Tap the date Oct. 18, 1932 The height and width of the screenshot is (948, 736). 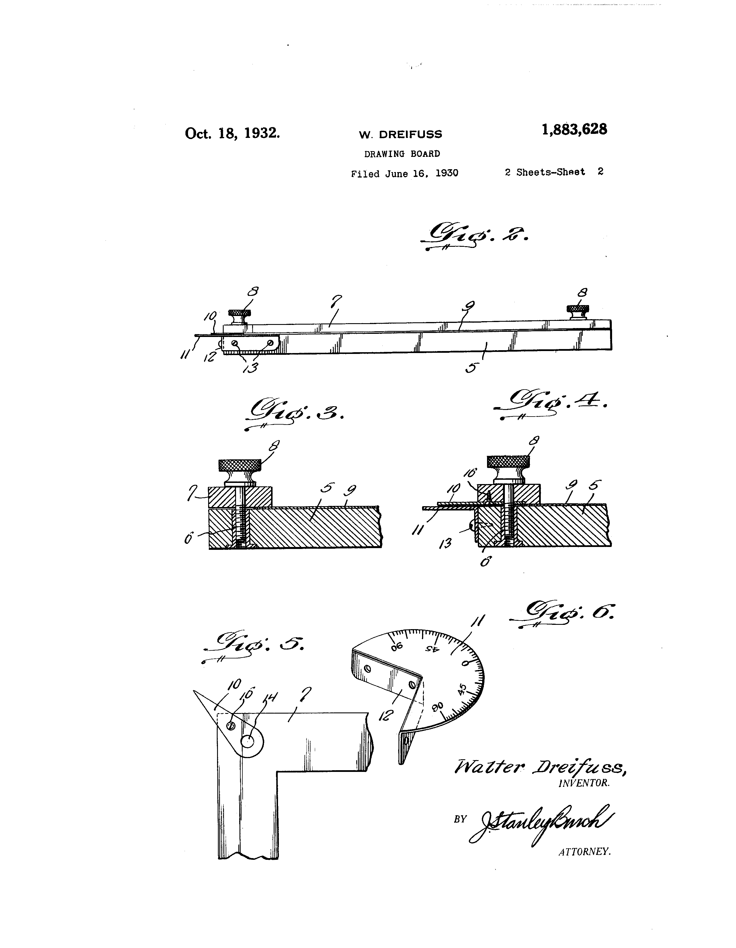pyautogui.click(x=233, y=133)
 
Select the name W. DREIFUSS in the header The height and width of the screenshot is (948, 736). pyautogui.click(x=400, y=134)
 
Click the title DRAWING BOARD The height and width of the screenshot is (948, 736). pyautogui.click(x=402, y=154)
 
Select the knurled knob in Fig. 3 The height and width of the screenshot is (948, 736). pyautogui.click(x=240, y=466)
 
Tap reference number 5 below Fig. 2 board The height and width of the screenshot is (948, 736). pyautogui.click(x=471, y=368)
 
